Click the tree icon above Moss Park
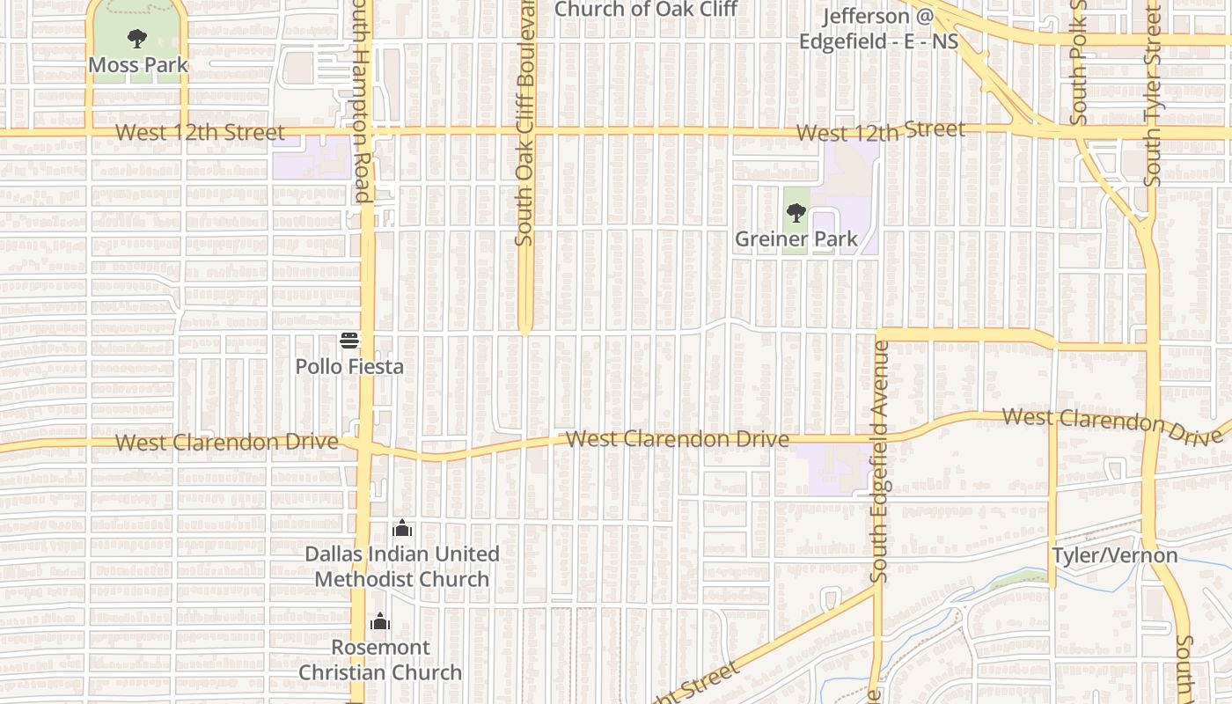[x=136, y=39]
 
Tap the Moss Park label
[x=138, y=65]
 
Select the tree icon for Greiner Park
[x=796, y=213]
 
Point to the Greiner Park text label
[x=796, y=239]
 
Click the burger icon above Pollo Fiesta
[x=349, y=341]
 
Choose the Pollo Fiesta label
[x=349, y=366]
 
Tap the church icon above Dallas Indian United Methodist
[x=402, y=529]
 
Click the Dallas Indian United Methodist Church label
[x=402, y=567]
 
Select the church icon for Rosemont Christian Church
[x=380, y=622]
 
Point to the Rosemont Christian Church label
[x=380, y=660]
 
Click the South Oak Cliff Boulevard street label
[x=525, y=123]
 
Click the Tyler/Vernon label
[x=1115, y=556]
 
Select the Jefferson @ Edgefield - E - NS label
[x=878, y=29]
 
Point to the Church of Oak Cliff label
[x=645, y=10]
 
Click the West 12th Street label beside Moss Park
[x=201, y=133]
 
